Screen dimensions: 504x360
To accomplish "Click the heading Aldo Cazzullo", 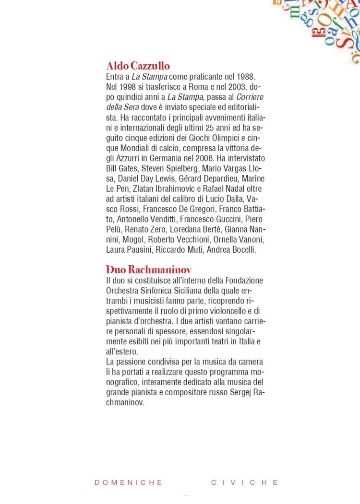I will [138, 66].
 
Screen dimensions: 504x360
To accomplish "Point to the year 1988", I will [245, 77].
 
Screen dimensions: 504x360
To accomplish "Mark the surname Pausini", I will [139, 249].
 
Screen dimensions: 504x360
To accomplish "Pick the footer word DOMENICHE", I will [129, 482].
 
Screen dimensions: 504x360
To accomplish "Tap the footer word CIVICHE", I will [245, 482].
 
